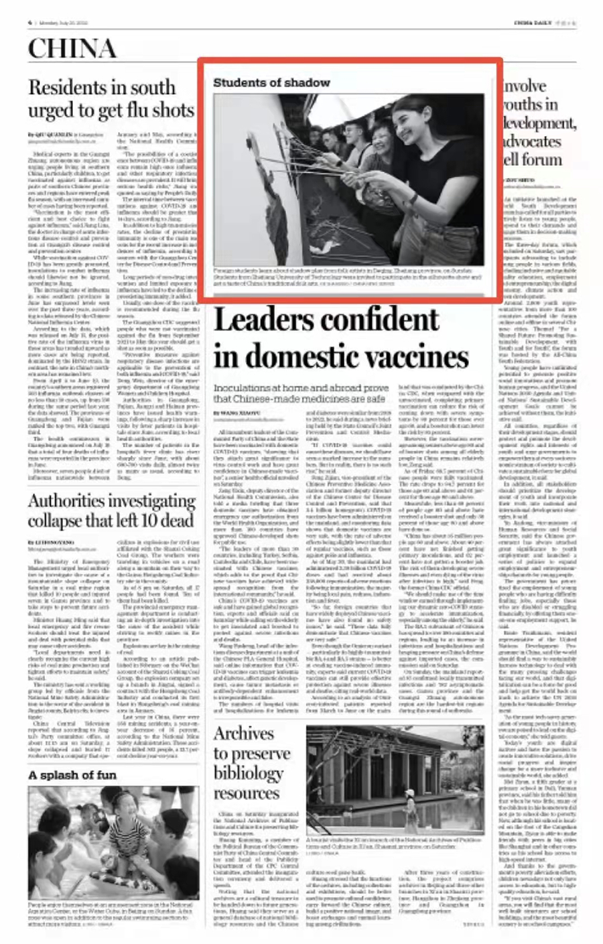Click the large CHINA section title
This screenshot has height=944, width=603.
(72, 50)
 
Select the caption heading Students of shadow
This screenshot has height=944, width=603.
(271, 82)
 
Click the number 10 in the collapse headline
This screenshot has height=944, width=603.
(161, 521)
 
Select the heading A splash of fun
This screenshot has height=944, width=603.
(72, 775)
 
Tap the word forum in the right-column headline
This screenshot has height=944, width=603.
(538, 159)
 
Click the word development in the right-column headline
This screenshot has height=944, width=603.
(538, 123)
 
